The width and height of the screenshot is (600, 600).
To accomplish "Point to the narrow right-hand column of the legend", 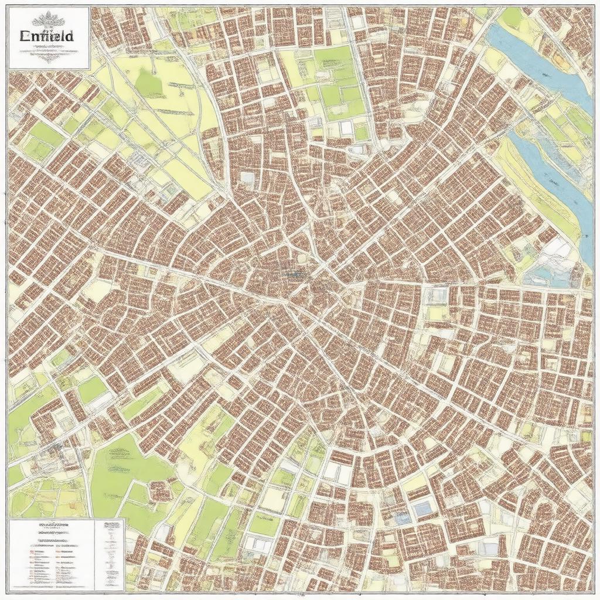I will (111, 551).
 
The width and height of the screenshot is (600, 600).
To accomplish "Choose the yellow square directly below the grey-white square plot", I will (437, 313).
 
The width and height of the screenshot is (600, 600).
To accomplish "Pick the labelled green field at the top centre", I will (334, 59).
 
